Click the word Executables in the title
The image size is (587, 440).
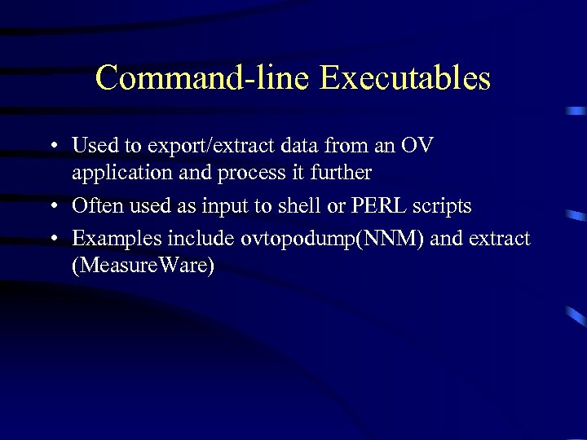pos(405,78)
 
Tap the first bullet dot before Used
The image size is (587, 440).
pos(51,147)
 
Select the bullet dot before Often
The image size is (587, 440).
pos(51,207)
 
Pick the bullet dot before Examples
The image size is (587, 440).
pos(51,240)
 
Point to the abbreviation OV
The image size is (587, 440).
pos(417,147)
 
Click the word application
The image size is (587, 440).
pos(121,174)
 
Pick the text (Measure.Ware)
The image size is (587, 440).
pos(143,266)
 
